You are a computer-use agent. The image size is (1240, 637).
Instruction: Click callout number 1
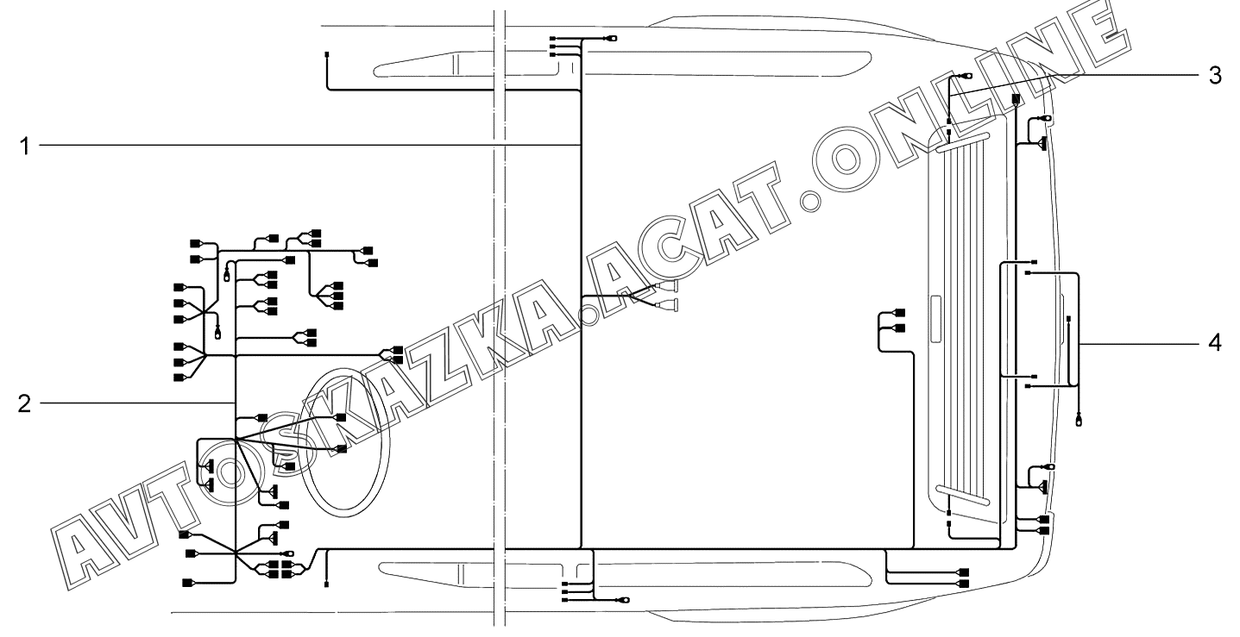pyautogui.click(x=24, y=147)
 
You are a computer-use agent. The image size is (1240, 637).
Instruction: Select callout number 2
pyautogui.click(x=24, y=404)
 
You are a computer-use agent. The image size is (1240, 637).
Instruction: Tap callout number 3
pyautogui.click(x=1215, y=76)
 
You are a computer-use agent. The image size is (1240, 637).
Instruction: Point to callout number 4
pyautogui.click(x=1215, y=343)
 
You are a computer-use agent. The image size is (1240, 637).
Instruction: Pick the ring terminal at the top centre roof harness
pyautogui.click(x=613, y=39)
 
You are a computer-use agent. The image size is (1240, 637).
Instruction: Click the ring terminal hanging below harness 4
pyautogui.click(x=1079, y=421)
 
